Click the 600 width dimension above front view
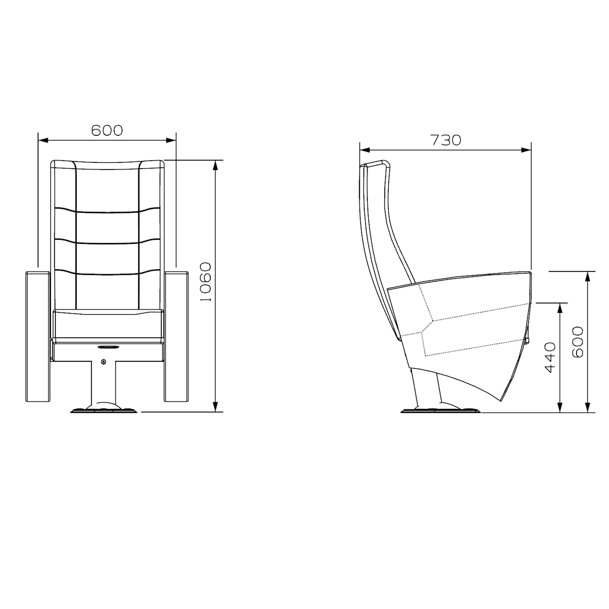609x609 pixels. (x=107, y=130)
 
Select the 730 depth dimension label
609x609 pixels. (x=446, y=140)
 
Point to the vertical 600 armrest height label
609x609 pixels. (x=577, y=342)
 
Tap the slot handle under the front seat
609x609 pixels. (x=109, y=347)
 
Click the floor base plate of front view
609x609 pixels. (x=104, y=410)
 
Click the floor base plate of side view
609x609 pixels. (x=440, y=410)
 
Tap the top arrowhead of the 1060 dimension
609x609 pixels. (x=215, y=164)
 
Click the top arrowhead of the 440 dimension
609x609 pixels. (x=560, y=307)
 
